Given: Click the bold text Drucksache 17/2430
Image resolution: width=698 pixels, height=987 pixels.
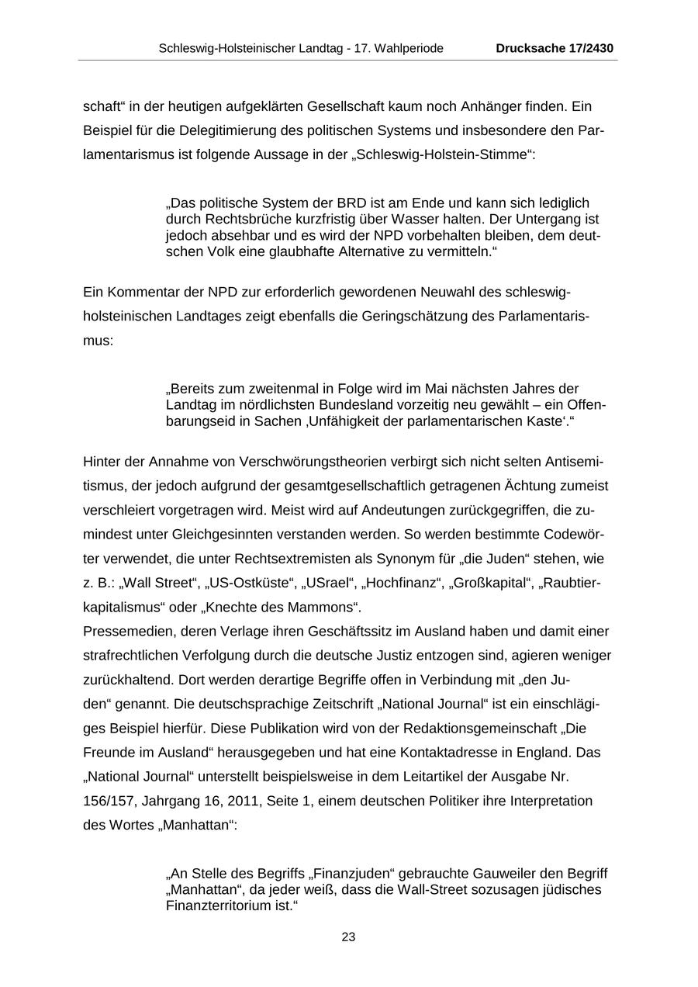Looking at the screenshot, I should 555,48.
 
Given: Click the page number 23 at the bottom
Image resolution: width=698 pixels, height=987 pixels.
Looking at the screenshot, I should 348,937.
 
